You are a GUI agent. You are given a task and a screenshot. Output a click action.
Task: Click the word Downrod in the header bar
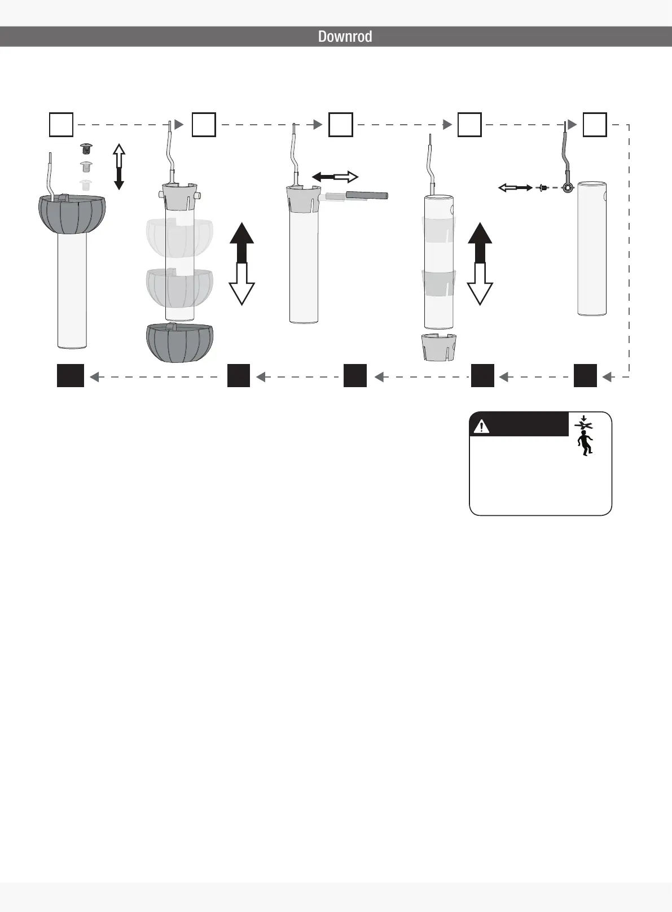coord(345,37)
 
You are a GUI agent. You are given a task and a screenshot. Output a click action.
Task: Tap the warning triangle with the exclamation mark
coord(481,427)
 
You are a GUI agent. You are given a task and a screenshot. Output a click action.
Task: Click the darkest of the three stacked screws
coord(87,149)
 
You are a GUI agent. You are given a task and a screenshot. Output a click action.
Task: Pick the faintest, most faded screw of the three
coord(86,185)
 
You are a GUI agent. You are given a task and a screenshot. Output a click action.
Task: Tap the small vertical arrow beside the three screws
coord(118,166)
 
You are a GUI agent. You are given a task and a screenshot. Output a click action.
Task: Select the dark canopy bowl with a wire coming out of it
coord(72,214)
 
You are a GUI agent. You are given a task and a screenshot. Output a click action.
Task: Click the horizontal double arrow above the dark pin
coord(335,177)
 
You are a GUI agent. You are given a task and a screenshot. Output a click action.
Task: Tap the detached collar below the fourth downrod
coord(440,347)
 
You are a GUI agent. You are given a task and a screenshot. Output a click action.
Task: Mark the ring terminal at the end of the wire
coord(568,187)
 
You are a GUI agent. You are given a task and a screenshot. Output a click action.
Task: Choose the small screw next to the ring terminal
coord(543,187)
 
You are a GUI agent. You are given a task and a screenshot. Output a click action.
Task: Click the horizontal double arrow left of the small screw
coord(515,187)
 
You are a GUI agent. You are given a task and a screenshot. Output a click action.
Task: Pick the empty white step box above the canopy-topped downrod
coord(61,125)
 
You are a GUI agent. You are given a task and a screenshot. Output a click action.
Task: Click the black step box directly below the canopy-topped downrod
coord(71,376)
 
